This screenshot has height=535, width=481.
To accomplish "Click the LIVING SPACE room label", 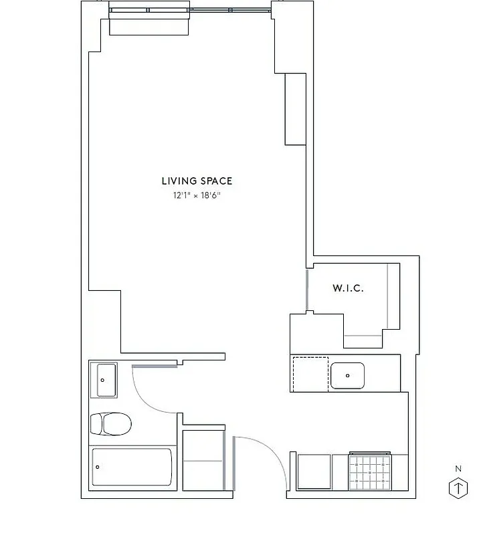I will (x=197, y=181).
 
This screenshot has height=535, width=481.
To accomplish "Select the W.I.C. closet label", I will (x=348, y=289).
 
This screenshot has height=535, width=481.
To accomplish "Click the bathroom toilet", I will (x=111, y=423).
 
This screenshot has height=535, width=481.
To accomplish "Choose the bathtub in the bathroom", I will (x=131, y=467).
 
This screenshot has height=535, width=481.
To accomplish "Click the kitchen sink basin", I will (x=347, y=376).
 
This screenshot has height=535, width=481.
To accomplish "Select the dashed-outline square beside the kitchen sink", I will (x=310, y=374).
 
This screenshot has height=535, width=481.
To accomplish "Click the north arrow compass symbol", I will (x=458, y=488).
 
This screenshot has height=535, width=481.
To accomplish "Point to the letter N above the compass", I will (x=458, y=469).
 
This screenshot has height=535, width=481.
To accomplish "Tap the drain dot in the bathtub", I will (x=98, y=467).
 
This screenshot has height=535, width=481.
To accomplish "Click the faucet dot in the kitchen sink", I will (x=347, y=377).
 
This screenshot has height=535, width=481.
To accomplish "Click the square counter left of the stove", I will (x=314, y=472).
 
